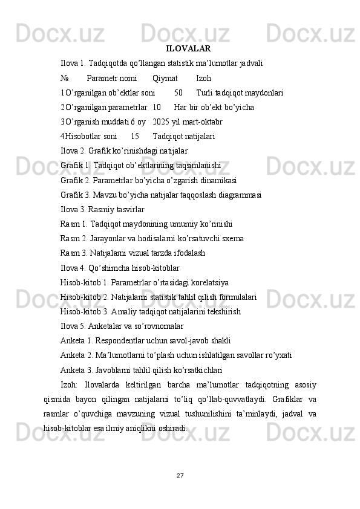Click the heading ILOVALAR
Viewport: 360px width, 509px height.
pos(188,48)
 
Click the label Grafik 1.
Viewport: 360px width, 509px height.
pos(76,165)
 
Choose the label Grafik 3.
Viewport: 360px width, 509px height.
pos(76,194)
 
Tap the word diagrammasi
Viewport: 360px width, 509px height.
pos(240,194)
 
